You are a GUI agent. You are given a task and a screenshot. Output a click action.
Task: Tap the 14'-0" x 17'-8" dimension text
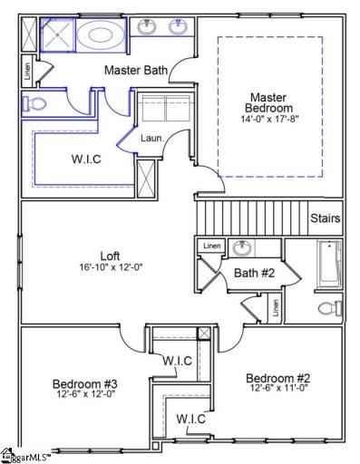[269, 119]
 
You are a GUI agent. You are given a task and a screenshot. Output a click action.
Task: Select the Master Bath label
[135, 70]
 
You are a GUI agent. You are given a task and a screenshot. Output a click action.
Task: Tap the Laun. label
[151, 138]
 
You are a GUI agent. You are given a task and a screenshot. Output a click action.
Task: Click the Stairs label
[325, 218]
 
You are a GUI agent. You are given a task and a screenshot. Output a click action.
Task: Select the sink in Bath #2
[242, 248]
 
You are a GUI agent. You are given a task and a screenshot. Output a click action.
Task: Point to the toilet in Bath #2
[329, 308]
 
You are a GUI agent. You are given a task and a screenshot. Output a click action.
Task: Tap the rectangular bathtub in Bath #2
[328, 263]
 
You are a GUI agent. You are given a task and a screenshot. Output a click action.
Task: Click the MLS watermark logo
[24, 456]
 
